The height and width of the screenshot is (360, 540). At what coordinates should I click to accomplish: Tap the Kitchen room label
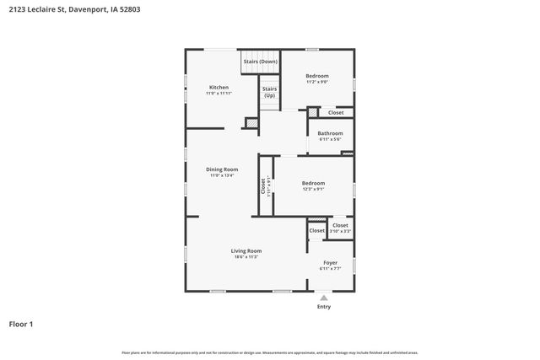pyautogui.click(x=219, y=87)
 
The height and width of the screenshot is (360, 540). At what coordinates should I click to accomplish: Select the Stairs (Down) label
pyautogui.click(x=260, y=62)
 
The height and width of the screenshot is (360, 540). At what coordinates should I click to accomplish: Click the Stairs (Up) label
pyautogui.click(x=269, y=92)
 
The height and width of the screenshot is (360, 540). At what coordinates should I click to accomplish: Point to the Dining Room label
pyautogui.click(x=222, y=169)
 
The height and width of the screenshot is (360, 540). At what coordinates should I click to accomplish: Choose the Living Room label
pyautogui.click(x=246, y=250)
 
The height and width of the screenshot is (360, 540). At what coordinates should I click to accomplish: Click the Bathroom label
pyautogui.click(x=330, y=133)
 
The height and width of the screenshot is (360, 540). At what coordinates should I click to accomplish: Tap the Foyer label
pyautogui.click(x=330, y=262)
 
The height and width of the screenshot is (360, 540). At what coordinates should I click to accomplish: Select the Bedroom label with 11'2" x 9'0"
pyautogui.click(x=316, y=76)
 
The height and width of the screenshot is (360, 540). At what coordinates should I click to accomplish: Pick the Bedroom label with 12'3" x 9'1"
pyautogui.click(x=313, y=183)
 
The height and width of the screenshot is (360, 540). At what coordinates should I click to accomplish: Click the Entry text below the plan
pyautogui.click(x=324, y=307)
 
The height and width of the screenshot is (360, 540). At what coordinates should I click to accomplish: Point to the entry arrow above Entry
pyautogui.click(x=324, y=298)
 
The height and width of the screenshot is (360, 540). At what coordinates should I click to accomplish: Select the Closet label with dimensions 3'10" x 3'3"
pyautogui.click(x=340, y=225)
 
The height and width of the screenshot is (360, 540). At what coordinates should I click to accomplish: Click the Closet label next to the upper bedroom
pyautogui.click(x=336, y=112)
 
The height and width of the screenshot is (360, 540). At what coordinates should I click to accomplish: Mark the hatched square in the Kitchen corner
pyautogui.click(x=251, y=124)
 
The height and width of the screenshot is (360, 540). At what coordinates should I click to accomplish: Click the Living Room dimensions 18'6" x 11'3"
pyautogui.click(x=246, y=257)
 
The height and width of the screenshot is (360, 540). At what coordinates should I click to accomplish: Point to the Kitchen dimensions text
pyautogui.click(x=219, y=94)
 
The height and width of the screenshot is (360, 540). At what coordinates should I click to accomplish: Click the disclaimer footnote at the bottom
pyautogui.click(x=270, y=352)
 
